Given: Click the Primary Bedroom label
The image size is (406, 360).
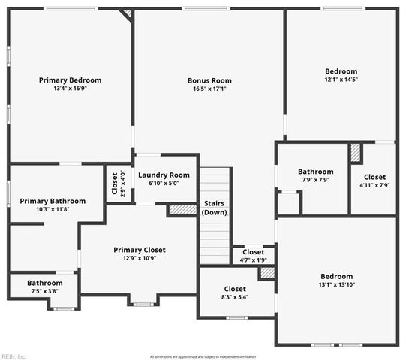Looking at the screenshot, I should [70, 80].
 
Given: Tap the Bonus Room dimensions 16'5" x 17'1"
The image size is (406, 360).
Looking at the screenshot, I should [209, 88].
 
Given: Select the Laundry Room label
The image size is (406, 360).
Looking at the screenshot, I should [164, 175].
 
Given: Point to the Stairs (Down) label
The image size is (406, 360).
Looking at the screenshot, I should [215, 208].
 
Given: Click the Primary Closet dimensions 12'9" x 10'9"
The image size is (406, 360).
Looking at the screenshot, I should [140, 258].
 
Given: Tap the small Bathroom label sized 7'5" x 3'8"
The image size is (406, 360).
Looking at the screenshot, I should [45, 283].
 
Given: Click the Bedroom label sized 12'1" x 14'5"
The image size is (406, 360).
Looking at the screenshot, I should [341, 70].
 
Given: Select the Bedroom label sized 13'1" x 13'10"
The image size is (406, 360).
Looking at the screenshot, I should [335, 275].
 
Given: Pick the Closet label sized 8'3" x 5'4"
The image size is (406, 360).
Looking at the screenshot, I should [235, 289].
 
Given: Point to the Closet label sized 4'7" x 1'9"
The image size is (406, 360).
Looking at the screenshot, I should [253, 252].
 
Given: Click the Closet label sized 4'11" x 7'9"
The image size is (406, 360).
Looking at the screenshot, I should [374, 177].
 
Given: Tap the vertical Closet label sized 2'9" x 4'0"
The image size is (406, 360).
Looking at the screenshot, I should [115, 184].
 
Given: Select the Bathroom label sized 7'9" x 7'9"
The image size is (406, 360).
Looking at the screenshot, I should [315, 172].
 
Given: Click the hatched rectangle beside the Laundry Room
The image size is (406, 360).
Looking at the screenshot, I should [182, 211].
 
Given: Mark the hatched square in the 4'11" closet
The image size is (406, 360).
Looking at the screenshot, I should [356, 153].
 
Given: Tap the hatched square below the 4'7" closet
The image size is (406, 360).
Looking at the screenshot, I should [267, 273].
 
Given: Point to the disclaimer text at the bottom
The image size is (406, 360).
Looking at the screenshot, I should [203, 356].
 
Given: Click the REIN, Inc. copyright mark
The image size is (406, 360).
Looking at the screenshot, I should [14, 355].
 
